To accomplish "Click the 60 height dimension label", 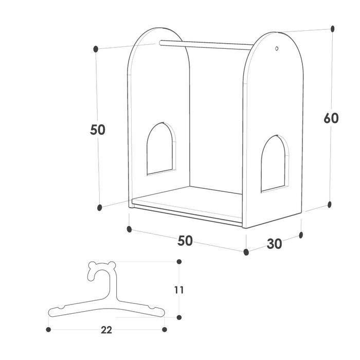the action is [x=331, y=118].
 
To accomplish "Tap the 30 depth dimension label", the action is [x=274, y=244].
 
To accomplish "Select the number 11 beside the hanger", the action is [x=179, y=290].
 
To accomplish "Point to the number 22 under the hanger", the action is [x=106, y=330].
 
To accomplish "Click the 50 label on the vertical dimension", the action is [x=98, y=130].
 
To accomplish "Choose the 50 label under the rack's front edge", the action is [x=185, y=241].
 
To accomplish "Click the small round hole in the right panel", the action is [x=277, y=48].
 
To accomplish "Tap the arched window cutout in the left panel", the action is [x=160, y=148].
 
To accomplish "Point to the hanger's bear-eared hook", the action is [x=102, y=271].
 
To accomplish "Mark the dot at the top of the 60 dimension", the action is [x=332, y=29].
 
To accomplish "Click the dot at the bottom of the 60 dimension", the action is [x=330, y=204].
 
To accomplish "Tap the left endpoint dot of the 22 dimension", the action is [x=48, y=330].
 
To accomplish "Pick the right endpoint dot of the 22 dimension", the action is [x=165, y=330].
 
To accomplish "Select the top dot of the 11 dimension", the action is [x=179, y=261].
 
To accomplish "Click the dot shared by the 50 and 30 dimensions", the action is [x=246, y=252].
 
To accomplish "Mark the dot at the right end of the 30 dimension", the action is [x=301, y=235].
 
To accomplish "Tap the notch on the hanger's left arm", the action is [x=61, y=307].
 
